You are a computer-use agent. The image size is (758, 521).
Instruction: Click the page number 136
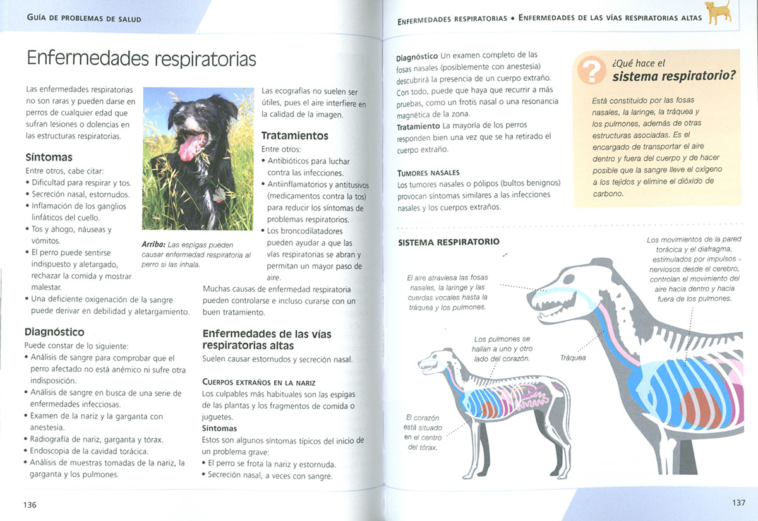pos(30,504)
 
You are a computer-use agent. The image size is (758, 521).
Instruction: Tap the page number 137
pos(739,503)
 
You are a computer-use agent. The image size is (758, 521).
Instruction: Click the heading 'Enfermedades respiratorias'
pos(141,59)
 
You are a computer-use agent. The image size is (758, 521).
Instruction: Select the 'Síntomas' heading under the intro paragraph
pos(49,157)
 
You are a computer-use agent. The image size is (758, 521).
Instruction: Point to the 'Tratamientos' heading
pos(294,136)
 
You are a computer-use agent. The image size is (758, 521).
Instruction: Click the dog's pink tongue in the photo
pos(189,147)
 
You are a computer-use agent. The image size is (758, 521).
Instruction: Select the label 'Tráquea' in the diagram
pos(573,358)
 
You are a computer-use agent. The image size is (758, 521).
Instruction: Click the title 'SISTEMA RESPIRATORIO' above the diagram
pos(448,242)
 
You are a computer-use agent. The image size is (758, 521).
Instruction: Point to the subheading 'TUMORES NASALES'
pos(428,173)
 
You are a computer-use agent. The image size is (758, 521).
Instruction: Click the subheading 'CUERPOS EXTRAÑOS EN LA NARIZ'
pos(258,382)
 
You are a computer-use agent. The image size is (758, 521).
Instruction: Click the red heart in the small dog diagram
pos(489,408)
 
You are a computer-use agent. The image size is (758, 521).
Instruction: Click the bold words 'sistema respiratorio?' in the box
pos(674,77)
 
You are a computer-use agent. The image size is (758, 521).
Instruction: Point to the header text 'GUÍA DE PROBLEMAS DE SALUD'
pos(84,19)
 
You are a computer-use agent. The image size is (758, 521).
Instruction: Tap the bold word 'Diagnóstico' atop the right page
pos(418,56)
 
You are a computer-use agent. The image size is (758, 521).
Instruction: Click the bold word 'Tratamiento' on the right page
pos(418,126)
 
